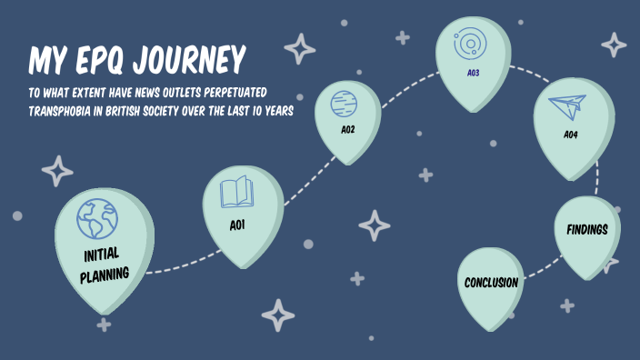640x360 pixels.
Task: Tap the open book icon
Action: (236, 192)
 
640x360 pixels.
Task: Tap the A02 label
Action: (346, 130)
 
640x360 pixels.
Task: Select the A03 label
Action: (472, 73)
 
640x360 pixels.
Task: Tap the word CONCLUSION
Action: (491, 282)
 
